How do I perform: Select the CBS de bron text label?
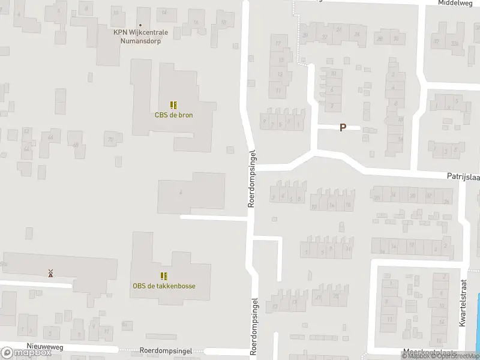coord(173,115)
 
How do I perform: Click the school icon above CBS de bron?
coord(173,105)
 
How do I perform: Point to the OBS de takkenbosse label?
coord(164,286)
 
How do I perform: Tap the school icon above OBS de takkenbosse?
coord(164,276)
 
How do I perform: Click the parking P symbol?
coord(343,127)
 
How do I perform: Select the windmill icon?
coord(51,273)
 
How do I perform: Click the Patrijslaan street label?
coord(462,176)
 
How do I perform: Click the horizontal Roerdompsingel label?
coord(165,350)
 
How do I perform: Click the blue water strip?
coord(477,324)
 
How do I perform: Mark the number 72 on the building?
coord(110,140)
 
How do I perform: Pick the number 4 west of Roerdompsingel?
coord(180,192)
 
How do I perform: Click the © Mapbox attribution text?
coord(417,356)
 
